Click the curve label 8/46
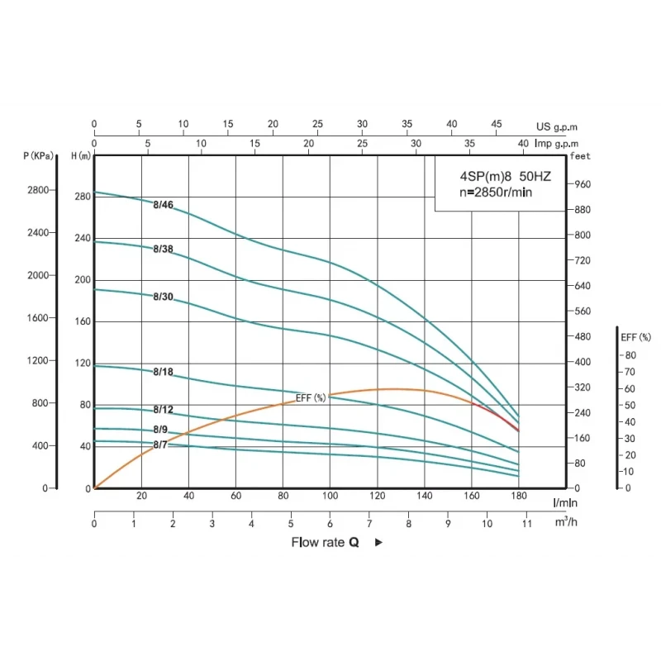pos(164,205)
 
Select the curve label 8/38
pos(164,249)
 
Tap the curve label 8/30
pos(164,297)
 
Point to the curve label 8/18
pos(164,372)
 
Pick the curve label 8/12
pos(164,410)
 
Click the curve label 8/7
pos(160,445)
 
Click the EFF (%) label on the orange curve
pos(311,398)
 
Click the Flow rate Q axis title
pos(325,543)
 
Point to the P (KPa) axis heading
pos(38,155)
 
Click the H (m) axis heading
pos(81,155)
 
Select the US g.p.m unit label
pos(556,127)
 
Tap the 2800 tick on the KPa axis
pos(37,190)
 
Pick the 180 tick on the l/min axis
pos(519,496)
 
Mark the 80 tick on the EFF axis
pos(630,355)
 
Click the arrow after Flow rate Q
pos(378,543)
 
